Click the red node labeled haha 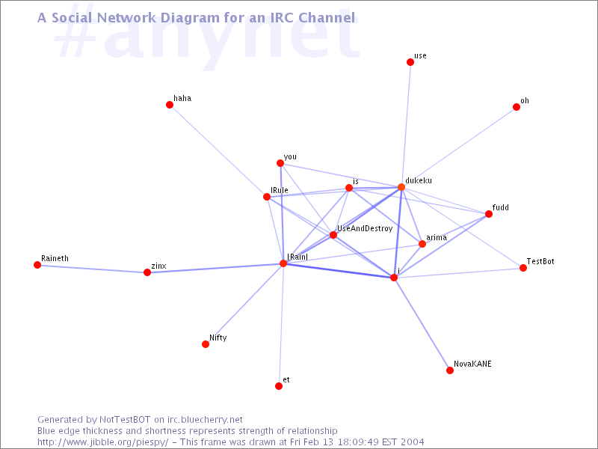click(x=170, y=105)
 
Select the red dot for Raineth click(x=37, y=265)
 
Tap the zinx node click(x=147, y=272)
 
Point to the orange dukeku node click(x=401, y=186)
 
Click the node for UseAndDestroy click(x=333, y=235)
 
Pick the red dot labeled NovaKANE click(x=450, y=370)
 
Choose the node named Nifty click(x=206, y=344)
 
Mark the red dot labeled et click(x=279, y=386)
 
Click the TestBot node click(x=523, y=268)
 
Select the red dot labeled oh click(x=517, y=107)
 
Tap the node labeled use click(x=410, y=62)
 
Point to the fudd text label click(x=500, y=207)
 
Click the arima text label click(x=437, y=237)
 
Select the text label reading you click(x=290, y=157)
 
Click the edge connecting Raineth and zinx click(x=92, y=269)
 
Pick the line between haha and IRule click(x=218, y=151)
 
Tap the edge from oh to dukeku click(x=459, y=147)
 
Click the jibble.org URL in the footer click(x=102, y=442)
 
